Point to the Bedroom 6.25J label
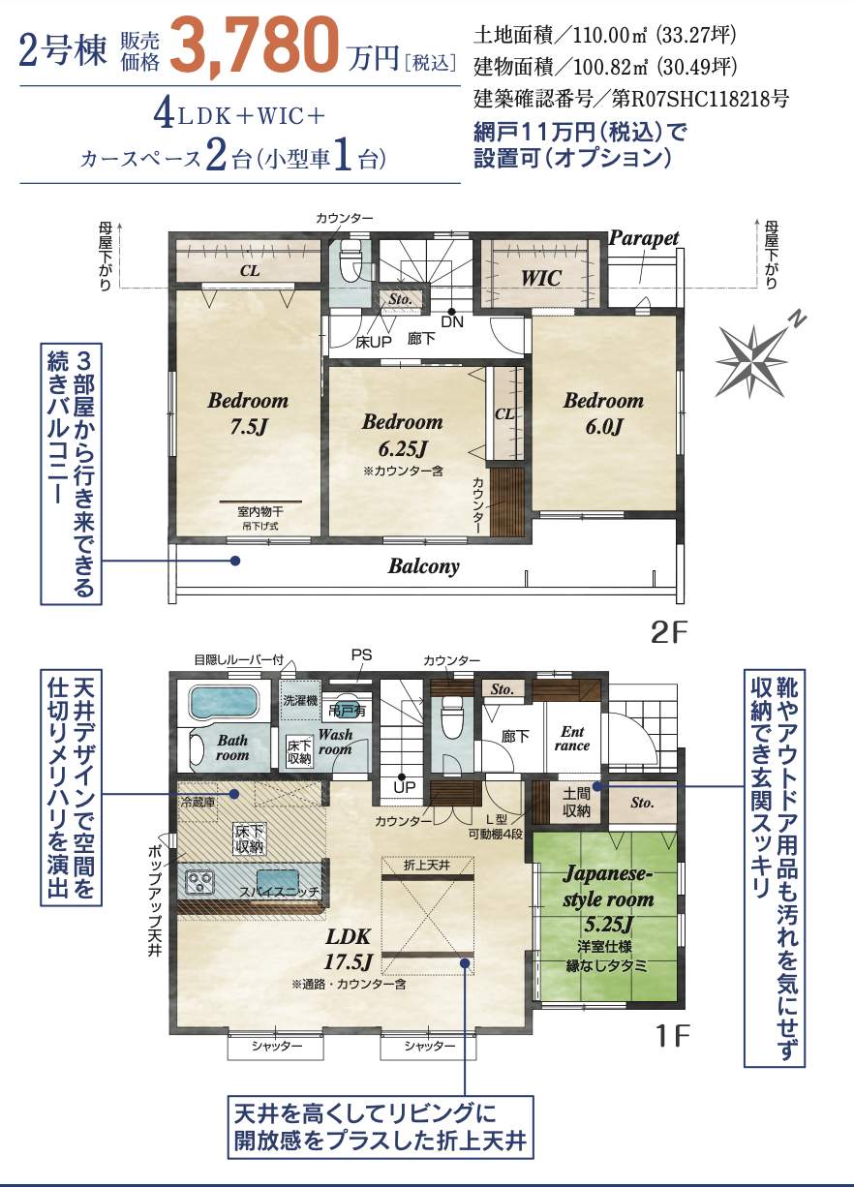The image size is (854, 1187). coord(402,435)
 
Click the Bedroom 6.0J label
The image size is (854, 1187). coord(603,412)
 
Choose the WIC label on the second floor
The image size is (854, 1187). coord(540,278)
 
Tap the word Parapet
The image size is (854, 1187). coord(644,238)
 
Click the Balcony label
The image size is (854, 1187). coord(423,566)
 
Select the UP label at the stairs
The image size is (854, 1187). coord(405,787)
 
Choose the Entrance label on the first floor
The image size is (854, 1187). coord(571,739)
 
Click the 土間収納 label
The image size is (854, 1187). coord(576,803)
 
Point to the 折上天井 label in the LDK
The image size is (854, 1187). coord(427,865)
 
